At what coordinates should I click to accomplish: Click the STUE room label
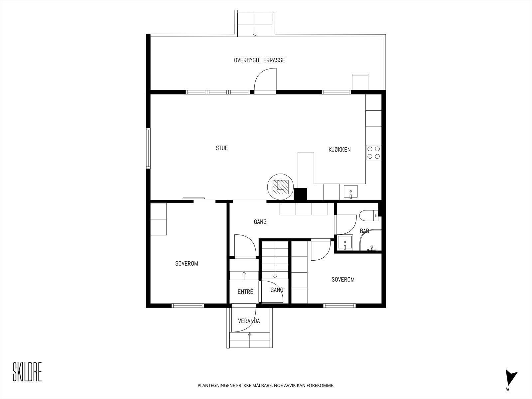[222, 148]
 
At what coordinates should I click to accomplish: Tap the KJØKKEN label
[339, 150]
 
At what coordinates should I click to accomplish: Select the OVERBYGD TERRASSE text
[259, 61]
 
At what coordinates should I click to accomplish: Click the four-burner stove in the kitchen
[373, 153]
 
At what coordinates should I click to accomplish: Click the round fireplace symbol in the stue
[280, 186]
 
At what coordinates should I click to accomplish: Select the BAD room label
[364, 231]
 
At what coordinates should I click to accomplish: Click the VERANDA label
[249, 321]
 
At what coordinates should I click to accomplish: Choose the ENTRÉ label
[245, 292]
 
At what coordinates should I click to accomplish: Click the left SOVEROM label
[187, 264]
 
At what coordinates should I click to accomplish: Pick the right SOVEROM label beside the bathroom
[343, 280]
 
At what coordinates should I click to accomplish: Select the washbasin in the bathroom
[345, 242]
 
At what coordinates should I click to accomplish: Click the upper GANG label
[260, 222]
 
